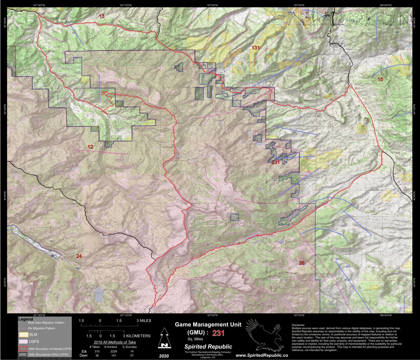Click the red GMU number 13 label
[x=101, y=16]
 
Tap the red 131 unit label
[x=255, y=48]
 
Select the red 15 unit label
[x=380, y=79]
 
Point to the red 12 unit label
[x=90, y=147]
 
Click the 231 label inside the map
[x=276, y=162]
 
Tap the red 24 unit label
[x=79, y=256]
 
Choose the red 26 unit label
[x=302, y=263]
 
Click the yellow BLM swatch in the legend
[x=23, y=335]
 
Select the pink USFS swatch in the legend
[x=23, y=342]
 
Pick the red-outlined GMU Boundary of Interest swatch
[x=23, y=348]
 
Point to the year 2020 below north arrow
[x=163, y=355]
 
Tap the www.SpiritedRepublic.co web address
[x=262, y=355]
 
